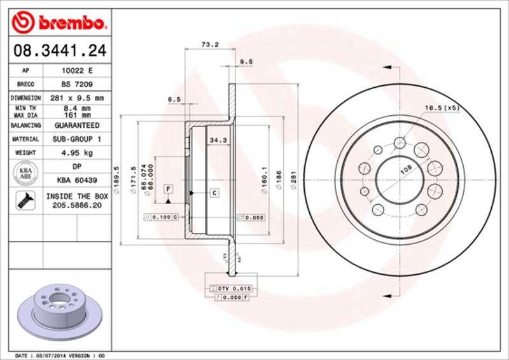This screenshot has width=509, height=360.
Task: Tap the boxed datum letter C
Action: [x=214, y=192]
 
